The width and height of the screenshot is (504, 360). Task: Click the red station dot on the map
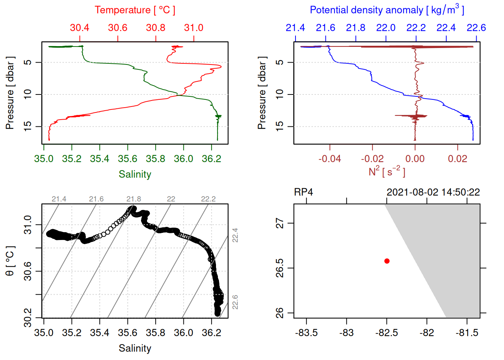pos(387,261)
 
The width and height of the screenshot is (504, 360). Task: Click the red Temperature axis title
pos(135,10)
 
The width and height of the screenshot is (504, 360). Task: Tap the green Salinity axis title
pos(135,174)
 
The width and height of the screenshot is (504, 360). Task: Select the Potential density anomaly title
pos(387,10)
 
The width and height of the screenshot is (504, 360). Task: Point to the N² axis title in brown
pos(387,171)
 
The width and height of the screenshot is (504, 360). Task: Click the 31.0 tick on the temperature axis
pos(193,28)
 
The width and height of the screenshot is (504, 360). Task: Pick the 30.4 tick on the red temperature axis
pos(79,28)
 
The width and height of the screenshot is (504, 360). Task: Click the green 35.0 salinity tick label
pos(43,159)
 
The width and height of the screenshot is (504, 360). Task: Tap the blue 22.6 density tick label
pos(476,28)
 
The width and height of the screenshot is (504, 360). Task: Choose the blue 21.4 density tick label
pos(295,28)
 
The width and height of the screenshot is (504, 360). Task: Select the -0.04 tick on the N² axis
pos(330,159)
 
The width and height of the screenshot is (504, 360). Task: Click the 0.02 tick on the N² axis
pos(457,159)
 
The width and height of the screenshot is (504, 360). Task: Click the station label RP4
pos(303,192)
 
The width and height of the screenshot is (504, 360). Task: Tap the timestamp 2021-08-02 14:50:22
pos(433,192)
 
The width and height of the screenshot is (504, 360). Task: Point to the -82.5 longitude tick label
pos(387,333)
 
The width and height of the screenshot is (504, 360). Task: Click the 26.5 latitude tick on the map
pos(280,268)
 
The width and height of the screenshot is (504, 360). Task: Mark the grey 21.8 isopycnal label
pos(133,199)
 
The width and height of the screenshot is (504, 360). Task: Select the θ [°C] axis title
pos(10,261)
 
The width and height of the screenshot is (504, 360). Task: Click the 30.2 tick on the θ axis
pos(28,318)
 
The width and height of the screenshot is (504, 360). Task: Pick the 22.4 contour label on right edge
pos(235,235)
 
